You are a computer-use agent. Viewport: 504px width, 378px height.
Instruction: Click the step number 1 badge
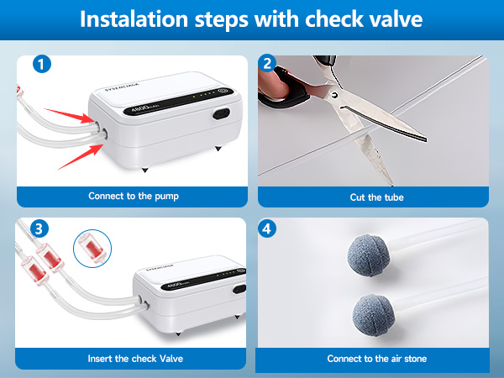tap(42, 65)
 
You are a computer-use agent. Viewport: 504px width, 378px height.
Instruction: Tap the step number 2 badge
tap(267, 63)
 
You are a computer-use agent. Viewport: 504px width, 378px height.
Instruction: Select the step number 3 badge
tap(39, 228)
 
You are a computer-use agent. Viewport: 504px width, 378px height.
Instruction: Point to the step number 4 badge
tap(267, 228)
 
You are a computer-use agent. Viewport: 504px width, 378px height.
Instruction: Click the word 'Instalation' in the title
tap(134, 19)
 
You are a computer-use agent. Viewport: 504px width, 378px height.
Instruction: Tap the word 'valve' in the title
tap(396, 19)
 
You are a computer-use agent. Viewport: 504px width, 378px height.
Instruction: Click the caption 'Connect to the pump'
tap(134, 196)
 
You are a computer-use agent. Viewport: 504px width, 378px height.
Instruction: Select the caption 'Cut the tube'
tap(376, 197)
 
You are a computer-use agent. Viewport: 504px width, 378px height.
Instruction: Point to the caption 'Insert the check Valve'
tap(135, 359)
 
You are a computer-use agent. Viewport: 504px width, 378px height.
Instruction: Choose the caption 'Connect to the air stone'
tap(377, 359)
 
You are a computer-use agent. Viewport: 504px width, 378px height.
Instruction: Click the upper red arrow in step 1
tap(70, 116)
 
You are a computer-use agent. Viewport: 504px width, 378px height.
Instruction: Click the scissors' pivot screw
tap(335, 95)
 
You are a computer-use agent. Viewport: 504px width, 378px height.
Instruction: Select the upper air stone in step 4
tap(369, 255)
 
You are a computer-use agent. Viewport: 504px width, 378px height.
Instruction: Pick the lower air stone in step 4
tap(373, 315)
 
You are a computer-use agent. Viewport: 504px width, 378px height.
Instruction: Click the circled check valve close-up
tap(92, 249)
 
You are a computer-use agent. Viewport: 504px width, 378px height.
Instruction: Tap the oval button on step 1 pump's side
tap(221, 113)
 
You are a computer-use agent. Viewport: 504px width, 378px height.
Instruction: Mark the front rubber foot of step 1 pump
tap(145, 170)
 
